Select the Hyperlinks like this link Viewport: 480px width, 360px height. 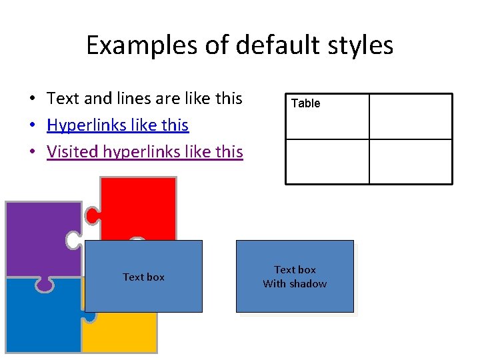(x=118, y=125)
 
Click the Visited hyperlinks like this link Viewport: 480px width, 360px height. (x=145, y=152)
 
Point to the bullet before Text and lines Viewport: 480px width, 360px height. (x=31, y=99)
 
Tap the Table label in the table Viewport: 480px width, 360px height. (x=306, y=103)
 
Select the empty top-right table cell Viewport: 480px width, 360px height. (x=410, y=117)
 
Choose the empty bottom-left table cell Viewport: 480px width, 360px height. (x=327, y=161)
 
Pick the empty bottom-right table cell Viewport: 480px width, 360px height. (x=410, y=161)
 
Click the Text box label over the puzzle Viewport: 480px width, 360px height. (x=143, y=277)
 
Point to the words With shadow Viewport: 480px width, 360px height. (x=295, y=284)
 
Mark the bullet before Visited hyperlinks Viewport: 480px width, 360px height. (x=31, y=153)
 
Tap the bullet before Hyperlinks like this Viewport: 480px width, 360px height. (x=31, y=126)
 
